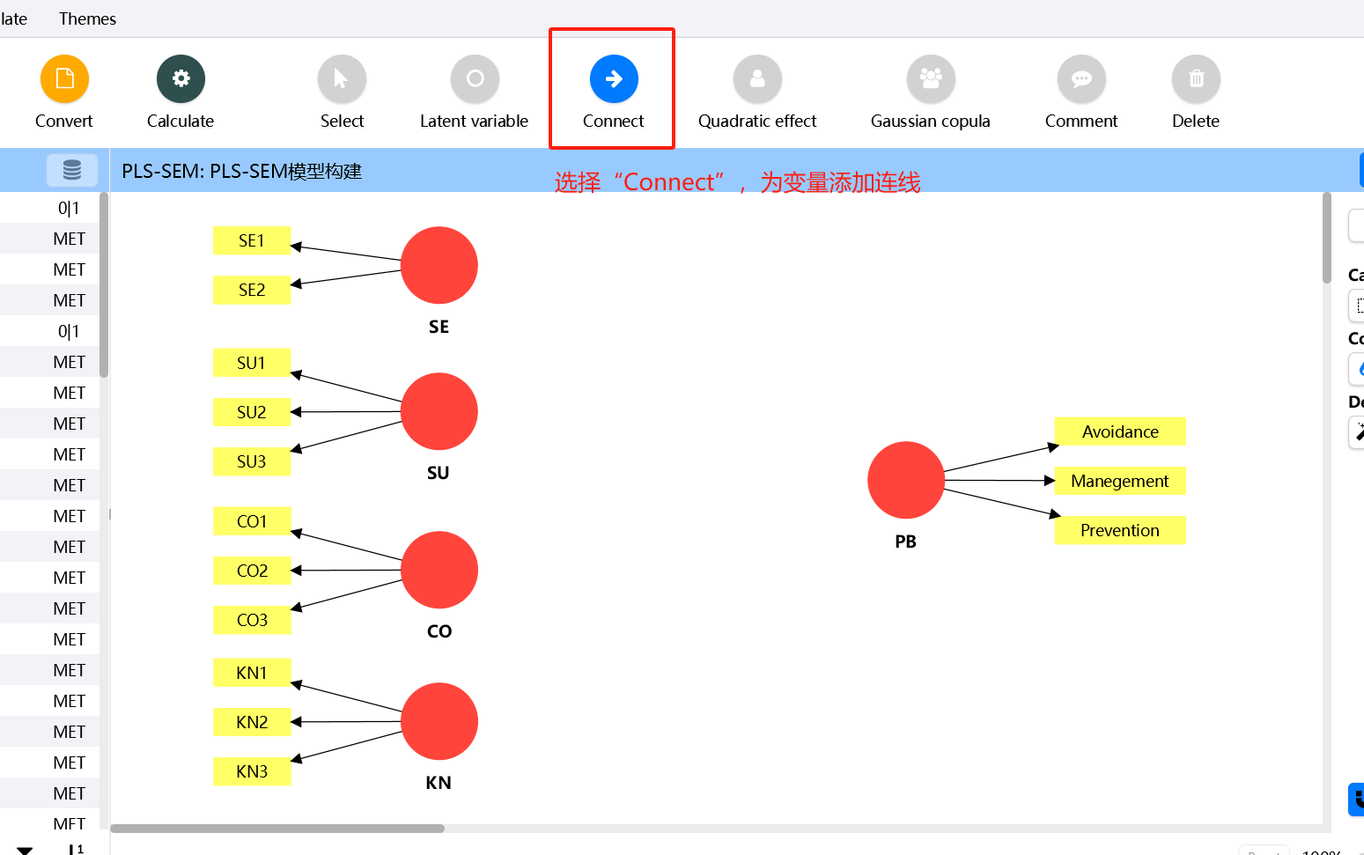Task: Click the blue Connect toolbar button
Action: tap(614, 79)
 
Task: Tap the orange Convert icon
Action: tap(64, 79)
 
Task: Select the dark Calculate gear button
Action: tap(181, 79)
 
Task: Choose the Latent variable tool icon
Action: tap(475, 79)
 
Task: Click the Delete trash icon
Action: tap(1196, 79)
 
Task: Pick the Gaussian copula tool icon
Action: tap(931, 79)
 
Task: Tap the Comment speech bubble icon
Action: tap(1081, 79)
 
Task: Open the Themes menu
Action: tap(87, 18)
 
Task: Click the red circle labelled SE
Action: tap(439, 265)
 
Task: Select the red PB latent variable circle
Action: tap(906, 480)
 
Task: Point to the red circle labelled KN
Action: tap(439, 721)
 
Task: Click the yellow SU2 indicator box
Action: tap(252, 412)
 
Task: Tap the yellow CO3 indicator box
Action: tap(252, 620)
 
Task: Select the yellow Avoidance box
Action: tap(1120, 431)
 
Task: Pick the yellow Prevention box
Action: tap(1120, 530)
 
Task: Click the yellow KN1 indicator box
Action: tap(252, 673)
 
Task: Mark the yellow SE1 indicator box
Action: tap(252, 240)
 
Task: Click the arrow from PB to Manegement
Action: tap(999, 480)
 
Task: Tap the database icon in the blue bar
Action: tap(72, 170)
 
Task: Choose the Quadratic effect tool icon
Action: tap(757, 79)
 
